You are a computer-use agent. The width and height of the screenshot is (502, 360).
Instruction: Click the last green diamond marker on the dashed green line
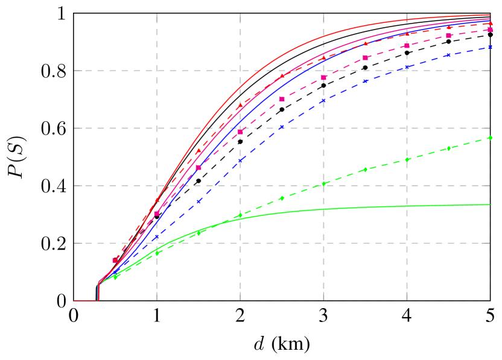tap(489, 138)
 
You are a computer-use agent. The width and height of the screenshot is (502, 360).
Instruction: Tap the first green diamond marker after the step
tap(116, 276)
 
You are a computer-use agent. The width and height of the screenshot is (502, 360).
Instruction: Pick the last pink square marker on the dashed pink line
tap(490, 29)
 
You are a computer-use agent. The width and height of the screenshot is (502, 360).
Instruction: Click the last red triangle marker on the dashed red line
tap(490, 24)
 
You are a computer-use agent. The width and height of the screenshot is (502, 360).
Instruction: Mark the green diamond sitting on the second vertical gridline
tap(240, 215)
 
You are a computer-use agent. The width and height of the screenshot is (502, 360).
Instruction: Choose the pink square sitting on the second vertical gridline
tap(240, 131)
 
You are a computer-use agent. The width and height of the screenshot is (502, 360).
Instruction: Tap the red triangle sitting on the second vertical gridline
tap(240, 106)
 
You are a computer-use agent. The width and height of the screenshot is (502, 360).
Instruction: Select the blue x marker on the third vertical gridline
tap(323, 101)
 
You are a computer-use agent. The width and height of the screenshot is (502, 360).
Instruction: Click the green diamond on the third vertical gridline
tap(323, 183)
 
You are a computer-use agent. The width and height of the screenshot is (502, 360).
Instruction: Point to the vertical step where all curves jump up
tap(98, 291)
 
